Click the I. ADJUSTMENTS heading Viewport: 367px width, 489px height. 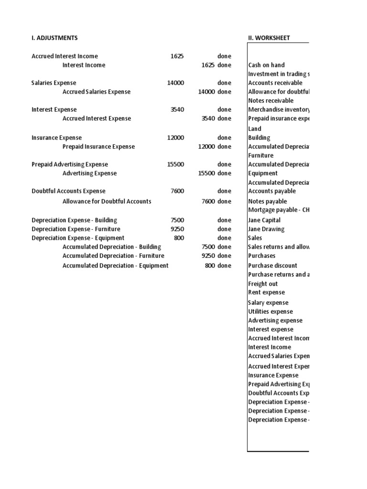point(54,38)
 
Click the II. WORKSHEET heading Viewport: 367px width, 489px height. point(269,38)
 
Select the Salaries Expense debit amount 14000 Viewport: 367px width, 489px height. point(175,83)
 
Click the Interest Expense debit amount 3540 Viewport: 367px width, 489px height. point(177,109)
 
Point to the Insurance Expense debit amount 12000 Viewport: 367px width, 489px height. point(175,138)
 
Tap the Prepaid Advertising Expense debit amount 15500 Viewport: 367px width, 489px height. point(175,164)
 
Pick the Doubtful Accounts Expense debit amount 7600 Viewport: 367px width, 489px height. point(177,191)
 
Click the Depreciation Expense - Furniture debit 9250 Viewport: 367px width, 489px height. point(177,229)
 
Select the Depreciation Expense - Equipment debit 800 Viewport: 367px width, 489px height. point(179,238)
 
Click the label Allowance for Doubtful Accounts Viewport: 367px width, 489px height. point(107,202)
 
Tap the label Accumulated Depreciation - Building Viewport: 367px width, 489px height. point(112,247)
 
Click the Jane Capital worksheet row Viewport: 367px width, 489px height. point(264,220)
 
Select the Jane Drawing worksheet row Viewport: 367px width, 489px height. point(266,229)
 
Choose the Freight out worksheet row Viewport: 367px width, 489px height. point(263,284)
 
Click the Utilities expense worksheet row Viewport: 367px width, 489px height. point(270,311)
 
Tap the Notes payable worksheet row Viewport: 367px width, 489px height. point(268,202)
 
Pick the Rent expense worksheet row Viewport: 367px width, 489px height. point(266,292)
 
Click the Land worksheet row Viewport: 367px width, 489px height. point(255,128)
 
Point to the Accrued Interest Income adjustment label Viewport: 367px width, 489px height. point(65,56)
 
